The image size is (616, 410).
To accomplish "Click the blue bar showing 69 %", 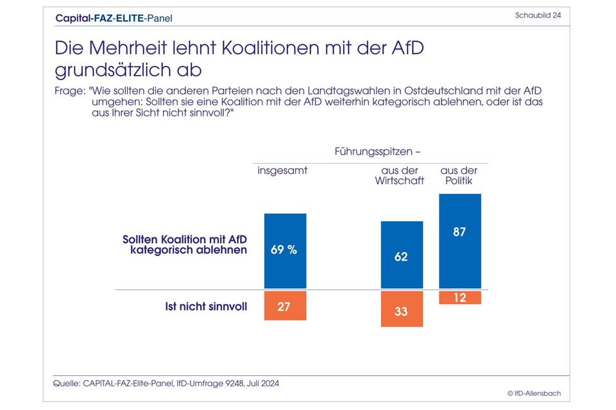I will (x=285, y=251).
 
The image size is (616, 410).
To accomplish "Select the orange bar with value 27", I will (x=285, y=305).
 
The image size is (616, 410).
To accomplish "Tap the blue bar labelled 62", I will (x=402, y=255).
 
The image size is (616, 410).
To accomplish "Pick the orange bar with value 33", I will (x=402, y=309).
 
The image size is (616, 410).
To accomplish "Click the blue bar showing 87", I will (x=459, y=241).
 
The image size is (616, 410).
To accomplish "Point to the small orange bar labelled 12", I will (x=459, y=298).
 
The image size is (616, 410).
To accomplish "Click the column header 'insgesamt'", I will (x=282, y=171).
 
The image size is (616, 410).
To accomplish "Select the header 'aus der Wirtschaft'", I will (x=400, y=176).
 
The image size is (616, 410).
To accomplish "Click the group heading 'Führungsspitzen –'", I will (x=377, y=152).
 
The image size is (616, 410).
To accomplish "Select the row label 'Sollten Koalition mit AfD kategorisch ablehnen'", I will (x=185, y=244).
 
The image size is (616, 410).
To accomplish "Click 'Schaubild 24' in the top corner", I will (x=538, y=15).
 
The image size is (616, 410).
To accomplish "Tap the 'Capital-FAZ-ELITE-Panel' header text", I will (x=114, y=18).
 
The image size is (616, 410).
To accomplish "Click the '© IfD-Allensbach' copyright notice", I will (x=529, y=393).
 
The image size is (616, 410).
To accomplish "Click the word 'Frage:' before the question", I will (x=69, y=92).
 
